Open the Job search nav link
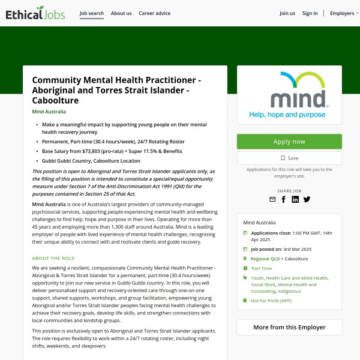tap(92, 13)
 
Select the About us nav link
tap(121, 13)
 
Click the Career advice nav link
tap(154, 13)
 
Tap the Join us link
tap(287, 13)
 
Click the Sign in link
tap(310, 13)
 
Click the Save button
tap(289, 158)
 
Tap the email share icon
tap(272, 199)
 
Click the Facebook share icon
tap(284, 199)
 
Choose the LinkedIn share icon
tap(295, 199)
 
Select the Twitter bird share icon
tap(307, 199)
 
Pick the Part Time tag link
tap(262, 268)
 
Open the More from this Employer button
tap(289, 328)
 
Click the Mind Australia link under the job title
tap(49, 112)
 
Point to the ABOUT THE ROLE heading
tap(53, 258)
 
